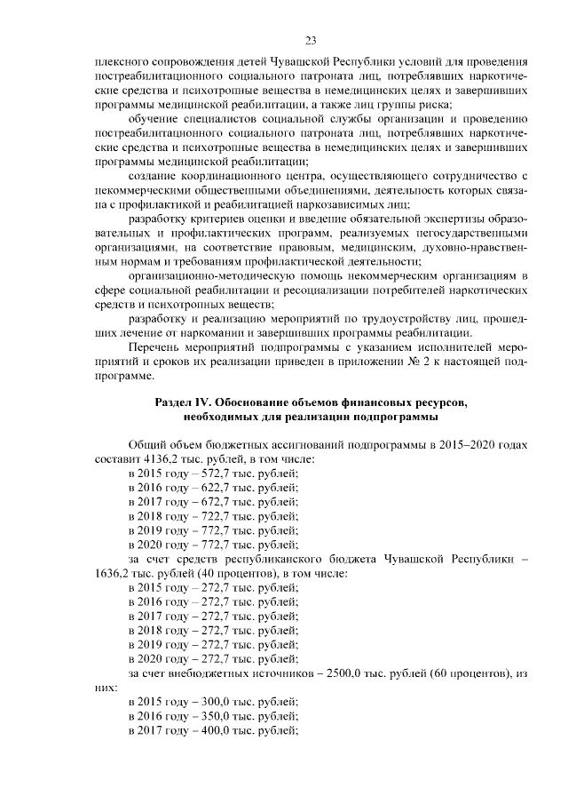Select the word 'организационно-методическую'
pos(205,275)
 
